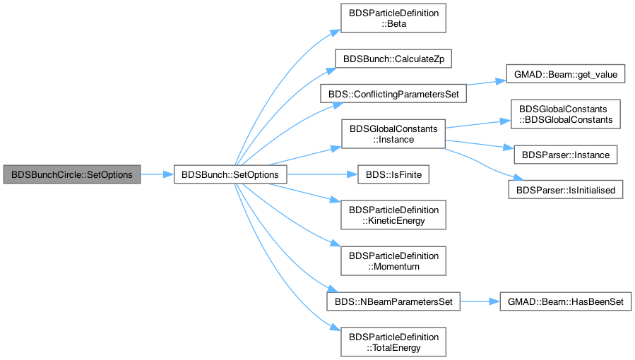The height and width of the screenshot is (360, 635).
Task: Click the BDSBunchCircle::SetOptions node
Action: pyautogui.click(x=72, y=174)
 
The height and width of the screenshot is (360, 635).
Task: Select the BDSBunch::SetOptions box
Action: pyautogui.click(x=230, y=174)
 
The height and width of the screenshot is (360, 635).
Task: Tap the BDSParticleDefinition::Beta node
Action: pyautogui.click(x=393, y=18)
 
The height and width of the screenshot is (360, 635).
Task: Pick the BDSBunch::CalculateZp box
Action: pyautogui.click(x=393, y=59)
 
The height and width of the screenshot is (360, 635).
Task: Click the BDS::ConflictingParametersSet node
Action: pyautogui.click(x=393, y=93)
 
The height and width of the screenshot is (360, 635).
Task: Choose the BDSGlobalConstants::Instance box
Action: pyautogui.click(x=393, y=134)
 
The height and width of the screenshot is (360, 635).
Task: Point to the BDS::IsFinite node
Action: pyautogui.click(x=393, y=174)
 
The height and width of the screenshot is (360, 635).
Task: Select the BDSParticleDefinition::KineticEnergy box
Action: pyautogui.click(x=393, y=215)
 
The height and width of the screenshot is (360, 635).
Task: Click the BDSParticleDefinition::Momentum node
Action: pyautogui.click(x=393, y=261)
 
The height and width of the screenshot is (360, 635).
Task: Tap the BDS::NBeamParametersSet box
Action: pyautogui.click(x=393, y=301)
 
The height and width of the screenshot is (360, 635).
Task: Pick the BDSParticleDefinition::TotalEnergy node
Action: pyautogui.click(x=393, y=342)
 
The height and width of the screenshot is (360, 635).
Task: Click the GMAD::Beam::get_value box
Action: pyautogui.click(x=565, y=74)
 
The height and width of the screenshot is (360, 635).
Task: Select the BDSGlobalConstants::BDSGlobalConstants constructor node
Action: pyautogui.click(x=565, y=114)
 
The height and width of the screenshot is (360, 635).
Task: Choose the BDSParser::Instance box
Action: pyautogui.click(x=565, y=155)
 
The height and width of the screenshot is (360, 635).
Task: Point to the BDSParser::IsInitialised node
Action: pyautogui.click(x=565, y=190)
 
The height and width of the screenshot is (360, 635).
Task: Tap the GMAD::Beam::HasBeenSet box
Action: pyautogui.click(x=565, y=301)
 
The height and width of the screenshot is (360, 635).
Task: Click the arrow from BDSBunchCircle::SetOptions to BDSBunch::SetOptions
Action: pyautogui.click(x=157, y=174)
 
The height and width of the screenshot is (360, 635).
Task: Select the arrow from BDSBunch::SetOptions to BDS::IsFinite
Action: pyautogui.click(x=322, y=174)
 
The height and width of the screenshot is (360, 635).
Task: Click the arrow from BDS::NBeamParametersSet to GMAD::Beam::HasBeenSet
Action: pyautogui.click(x=480, y=301)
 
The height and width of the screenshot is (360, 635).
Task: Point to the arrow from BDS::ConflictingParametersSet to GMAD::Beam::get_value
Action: pyautogui.click(x=487, y=83)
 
